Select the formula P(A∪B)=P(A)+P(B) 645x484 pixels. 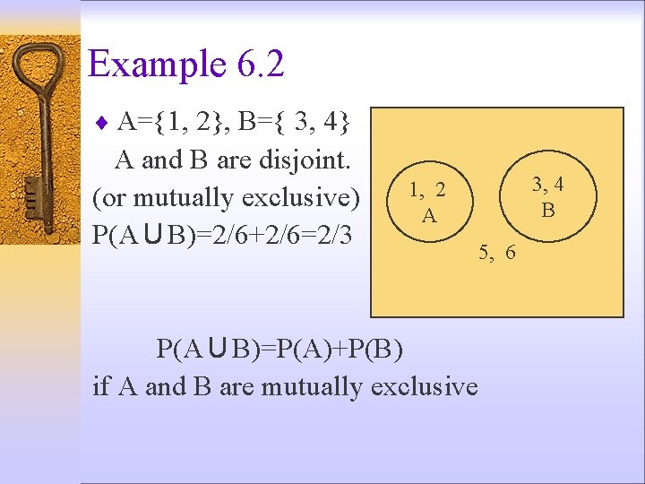tap(279, 348)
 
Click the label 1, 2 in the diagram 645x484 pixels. tap(427, 190)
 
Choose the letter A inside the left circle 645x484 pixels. tap(429, 216)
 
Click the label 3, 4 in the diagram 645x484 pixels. tap(547, 185)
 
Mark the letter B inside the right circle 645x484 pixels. tap(548, 211)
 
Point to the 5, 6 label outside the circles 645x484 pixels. tap(497, 253)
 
